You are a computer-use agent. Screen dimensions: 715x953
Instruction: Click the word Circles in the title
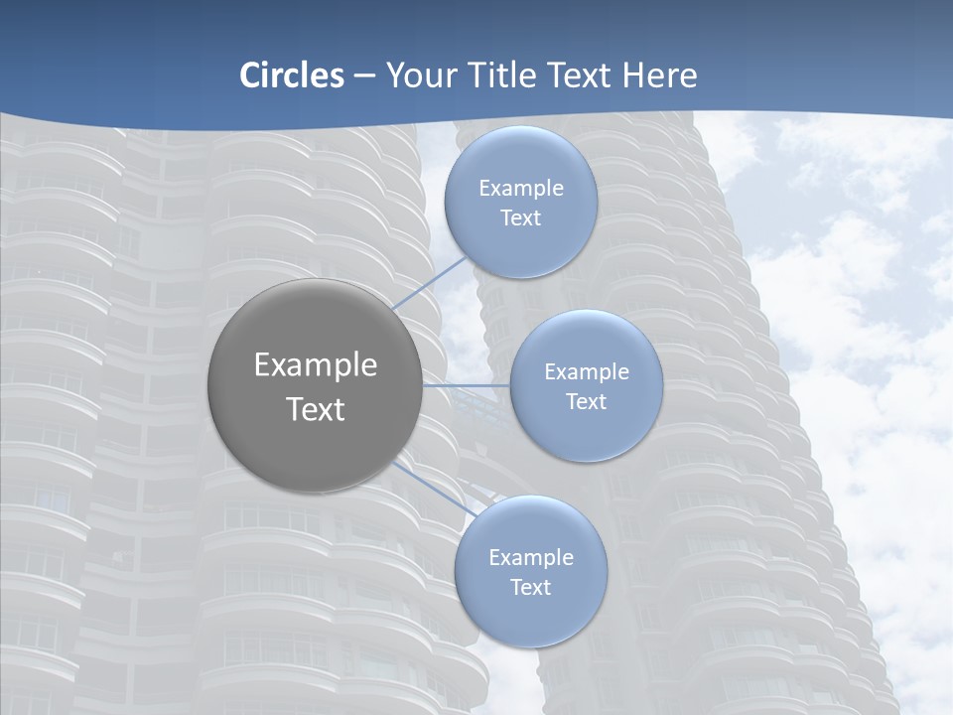point(292,75)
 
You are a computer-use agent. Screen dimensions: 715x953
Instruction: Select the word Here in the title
point(660,75)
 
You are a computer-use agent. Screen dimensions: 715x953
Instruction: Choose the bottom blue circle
point(531,616)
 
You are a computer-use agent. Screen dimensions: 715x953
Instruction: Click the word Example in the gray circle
point(315,365)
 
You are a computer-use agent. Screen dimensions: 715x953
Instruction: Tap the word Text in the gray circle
point(315,409)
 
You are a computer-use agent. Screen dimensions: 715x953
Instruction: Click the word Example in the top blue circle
point(521,189)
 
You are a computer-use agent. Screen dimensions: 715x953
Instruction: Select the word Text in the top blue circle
point(521,218)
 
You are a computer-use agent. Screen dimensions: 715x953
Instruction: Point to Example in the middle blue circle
point(587,372)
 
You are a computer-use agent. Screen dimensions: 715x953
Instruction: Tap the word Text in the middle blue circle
point(587,402)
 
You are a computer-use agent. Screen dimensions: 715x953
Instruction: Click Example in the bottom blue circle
point(531,558)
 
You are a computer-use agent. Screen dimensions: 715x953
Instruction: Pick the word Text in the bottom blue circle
point(531,588)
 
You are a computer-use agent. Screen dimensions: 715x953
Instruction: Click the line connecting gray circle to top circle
point(429,286)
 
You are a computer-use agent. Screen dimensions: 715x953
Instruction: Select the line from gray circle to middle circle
point(467,385)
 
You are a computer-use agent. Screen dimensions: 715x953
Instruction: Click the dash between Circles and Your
point(364,76)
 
